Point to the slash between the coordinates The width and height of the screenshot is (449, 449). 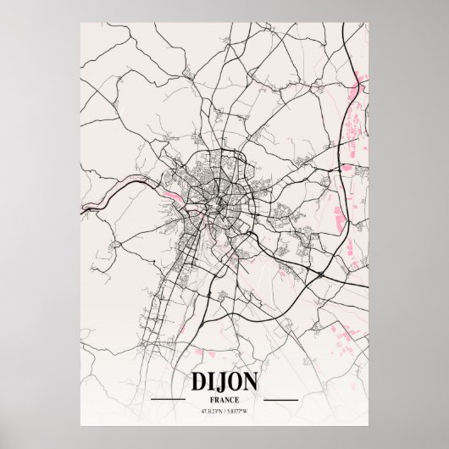click(x=224, y=387)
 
